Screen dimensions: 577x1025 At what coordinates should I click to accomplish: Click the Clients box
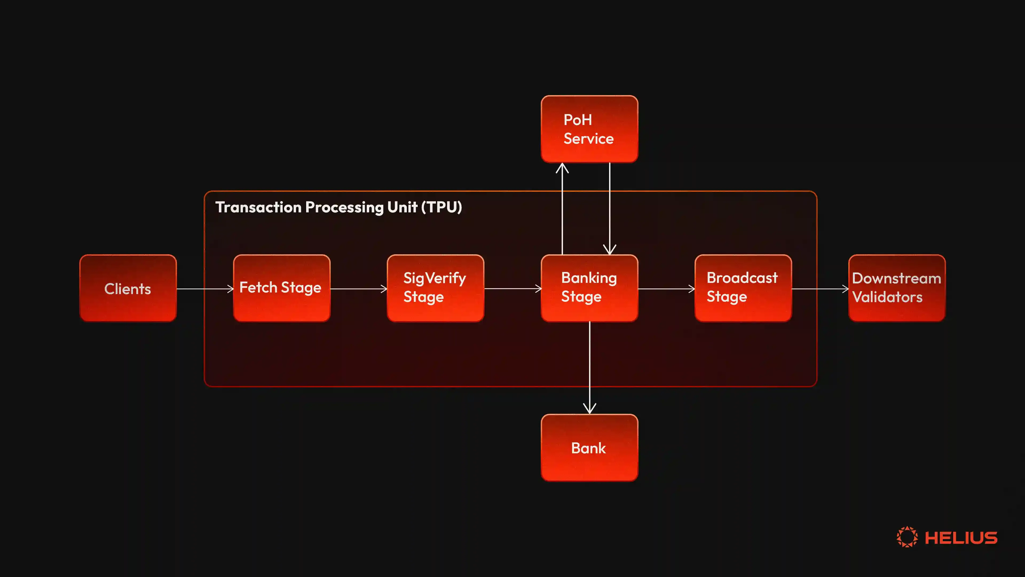coord(128,288)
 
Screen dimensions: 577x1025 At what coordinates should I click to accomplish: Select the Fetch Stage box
coord(282,288)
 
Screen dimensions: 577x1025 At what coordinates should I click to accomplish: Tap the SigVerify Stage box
coord(435,288)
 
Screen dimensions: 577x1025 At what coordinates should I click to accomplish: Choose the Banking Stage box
coord(589,288)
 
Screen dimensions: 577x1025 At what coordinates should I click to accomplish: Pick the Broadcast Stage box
coord(743,288)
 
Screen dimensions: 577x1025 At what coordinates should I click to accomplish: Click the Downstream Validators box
coord(897,288)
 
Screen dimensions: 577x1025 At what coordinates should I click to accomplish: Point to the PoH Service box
coord(589,129)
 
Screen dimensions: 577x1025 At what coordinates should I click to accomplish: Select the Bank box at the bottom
coord(589,448)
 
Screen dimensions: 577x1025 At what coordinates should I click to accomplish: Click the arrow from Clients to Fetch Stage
coord(205,289)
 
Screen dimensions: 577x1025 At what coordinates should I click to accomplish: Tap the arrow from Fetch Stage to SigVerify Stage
coord(358,289)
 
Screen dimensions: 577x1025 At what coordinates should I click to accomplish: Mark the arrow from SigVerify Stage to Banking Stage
coord(512,289)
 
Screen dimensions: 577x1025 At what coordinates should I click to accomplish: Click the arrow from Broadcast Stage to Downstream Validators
coord(820,289)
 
